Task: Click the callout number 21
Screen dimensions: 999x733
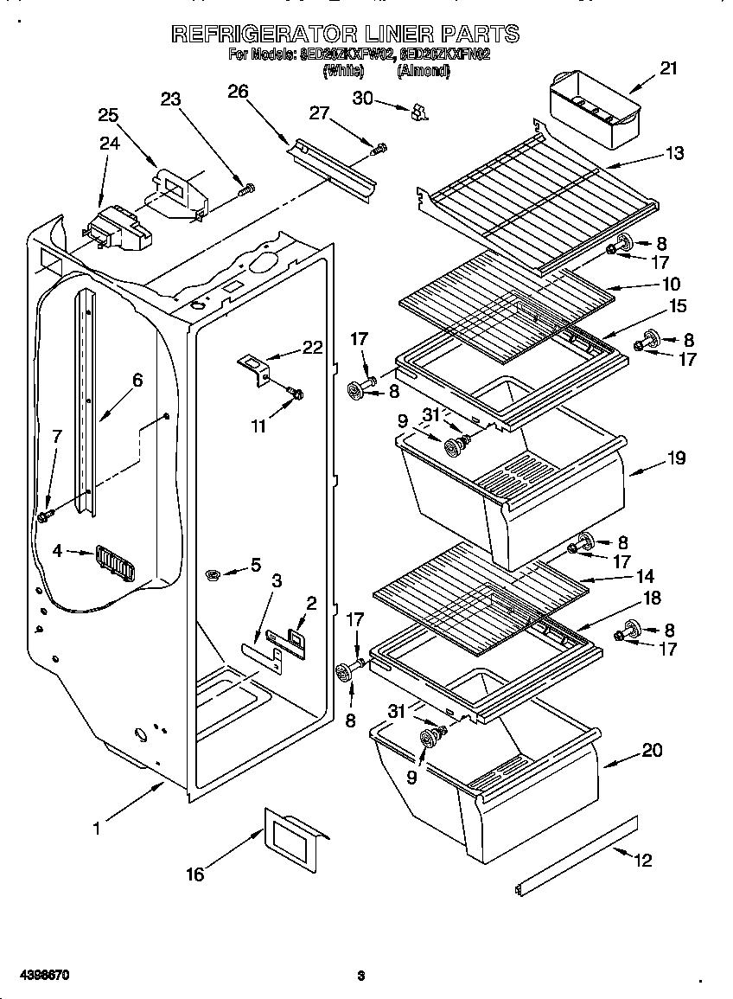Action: [667, 68]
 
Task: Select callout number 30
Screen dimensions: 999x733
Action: [362, 98]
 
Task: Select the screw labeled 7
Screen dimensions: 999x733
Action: [43, 516]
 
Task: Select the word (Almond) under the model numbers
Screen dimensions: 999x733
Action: [423, 73]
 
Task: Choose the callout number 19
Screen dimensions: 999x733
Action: [676, 458]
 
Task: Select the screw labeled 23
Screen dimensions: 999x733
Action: [247, 186]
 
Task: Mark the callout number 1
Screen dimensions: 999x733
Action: [97, 828]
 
